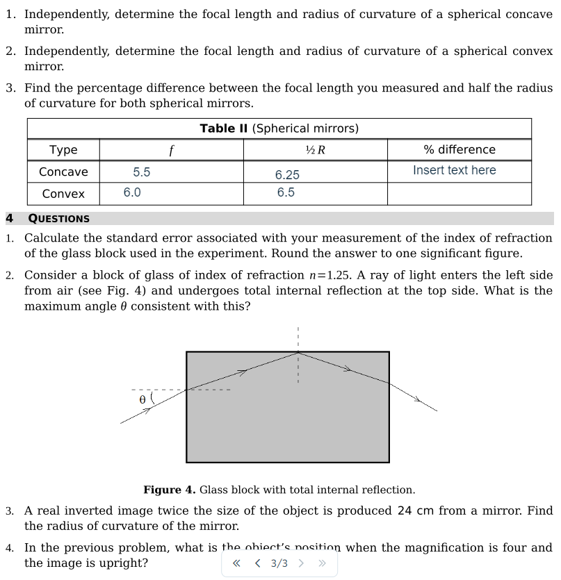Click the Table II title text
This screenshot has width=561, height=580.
pos(279,129)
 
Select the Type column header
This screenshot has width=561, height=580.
pos(63,150)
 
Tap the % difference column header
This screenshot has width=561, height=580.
pos(459,150)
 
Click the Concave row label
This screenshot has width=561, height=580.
pos(63,172)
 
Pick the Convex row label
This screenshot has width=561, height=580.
pos(63,194)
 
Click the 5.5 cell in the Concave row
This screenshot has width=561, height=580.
pos(142,172)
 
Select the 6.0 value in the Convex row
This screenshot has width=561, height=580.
pos(132,192)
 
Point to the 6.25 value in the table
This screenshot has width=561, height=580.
pos(287,175)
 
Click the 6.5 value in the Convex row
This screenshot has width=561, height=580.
pos(286,192)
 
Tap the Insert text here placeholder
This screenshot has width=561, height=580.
pos(454,170)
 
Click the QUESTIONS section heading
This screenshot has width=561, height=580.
pos(58,219)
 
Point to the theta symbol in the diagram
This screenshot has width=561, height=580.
pos(143,400)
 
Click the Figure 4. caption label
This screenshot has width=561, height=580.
pos(170,490)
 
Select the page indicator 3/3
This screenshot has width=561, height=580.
pos(279,563)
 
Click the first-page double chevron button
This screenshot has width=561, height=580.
pos(236,563)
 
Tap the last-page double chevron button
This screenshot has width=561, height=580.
pos(321,563)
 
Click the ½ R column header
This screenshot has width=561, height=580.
pos(315,150)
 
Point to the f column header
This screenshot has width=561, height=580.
pos(171,150)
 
